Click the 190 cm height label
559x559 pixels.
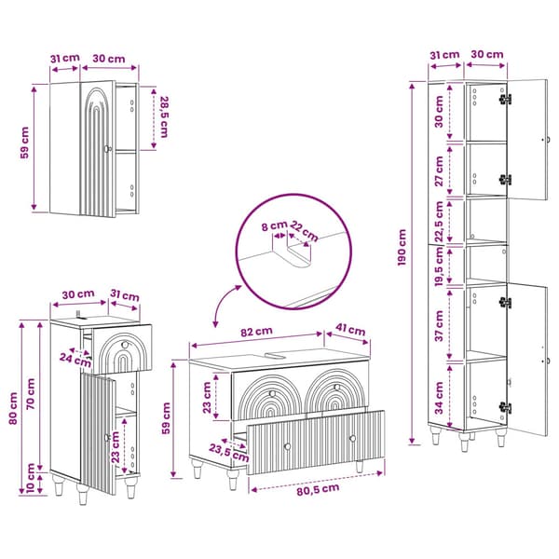click(x=402, y=247)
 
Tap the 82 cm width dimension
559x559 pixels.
click(x=257, y=332)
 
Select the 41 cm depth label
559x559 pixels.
click(x=350, y=330)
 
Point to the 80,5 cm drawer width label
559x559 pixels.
click(x=318, y=489)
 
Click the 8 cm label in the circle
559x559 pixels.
click(x=275, y=225)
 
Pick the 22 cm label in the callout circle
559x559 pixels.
click(x=304, y=231)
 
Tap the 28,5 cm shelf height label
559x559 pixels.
click(x=164, y=116)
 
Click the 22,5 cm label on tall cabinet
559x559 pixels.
click(x=439, y=222)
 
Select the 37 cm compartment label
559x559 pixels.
click(x=439, y=325)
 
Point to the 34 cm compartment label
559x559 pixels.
click(x=439, y=398)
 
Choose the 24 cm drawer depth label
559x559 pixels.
click(x=75, y=360)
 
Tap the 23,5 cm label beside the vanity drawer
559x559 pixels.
click(x=228, y=452)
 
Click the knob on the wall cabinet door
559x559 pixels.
click(x=107, y=149)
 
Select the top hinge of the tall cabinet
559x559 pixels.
click(x=505, y=99)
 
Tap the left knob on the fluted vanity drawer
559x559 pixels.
click(x=287, y=446)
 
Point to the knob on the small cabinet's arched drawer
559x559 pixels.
click(x=125, y=345)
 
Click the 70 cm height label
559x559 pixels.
click(x=31, y=393)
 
